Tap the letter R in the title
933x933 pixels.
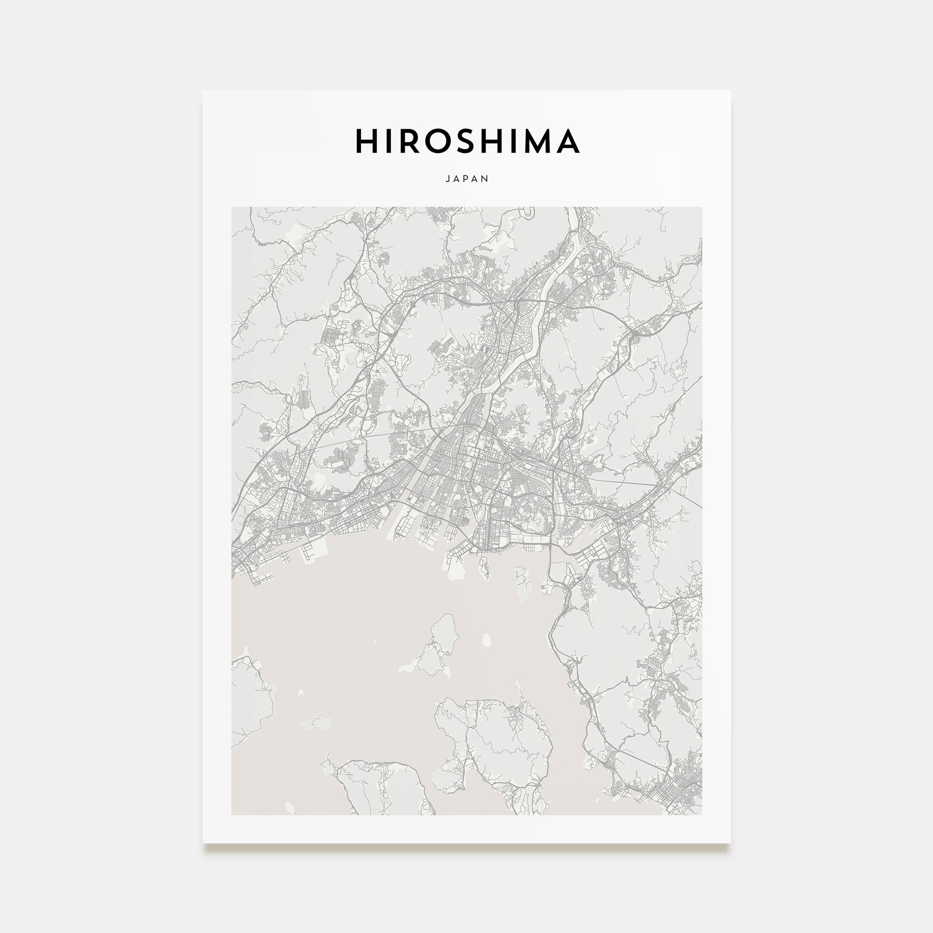coord(411,141)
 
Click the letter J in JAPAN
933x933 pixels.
coord(447,179)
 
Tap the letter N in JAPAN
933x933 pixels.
coord(486,179)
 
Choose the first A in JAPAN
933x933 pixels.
coord(457,179)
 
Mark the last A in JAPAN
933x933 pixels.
coord(477,179)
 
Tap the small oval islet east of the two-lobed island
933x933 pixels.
coord(487,641)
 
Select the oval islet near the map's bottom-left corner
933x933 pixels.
coord(289,807)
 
